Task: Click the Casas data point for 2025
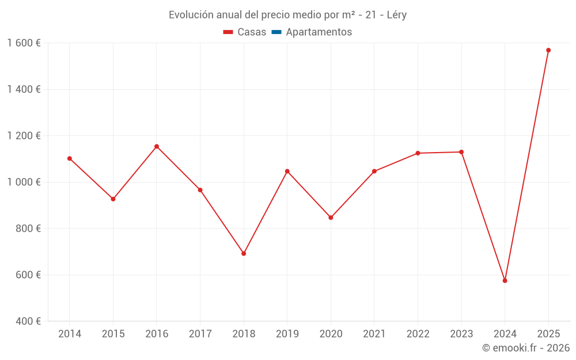[x=548, y=50]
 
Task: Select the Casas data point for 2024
[x=505, y=281]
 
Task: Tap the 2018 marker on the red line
[x=244, y=253]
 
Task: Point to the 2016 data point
[x=157, y=146]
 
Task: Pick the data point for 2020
[x=331, y=218]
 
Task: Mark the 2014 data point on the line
[x=70, y=158]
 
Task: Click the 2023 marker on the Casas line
[x=461, y=152]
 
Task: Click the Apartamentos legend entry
[x=319, y=32]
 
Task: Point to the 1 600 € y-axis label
[x=24, y=43]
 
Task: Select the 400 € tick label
[x=27, y=321]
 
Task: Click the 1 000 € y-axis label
[x=24, y=182]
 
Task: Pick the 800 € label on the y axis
[x=27, y=228]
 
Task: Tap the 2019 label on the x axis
[x=287, y=334]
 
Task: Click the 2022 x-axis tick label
[x=418, y=334]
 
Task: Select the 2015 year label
[x=113, y=334]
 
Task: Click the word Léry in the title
[x=395, y=15]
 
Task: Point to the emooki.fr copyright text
[x=526, y=348]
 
